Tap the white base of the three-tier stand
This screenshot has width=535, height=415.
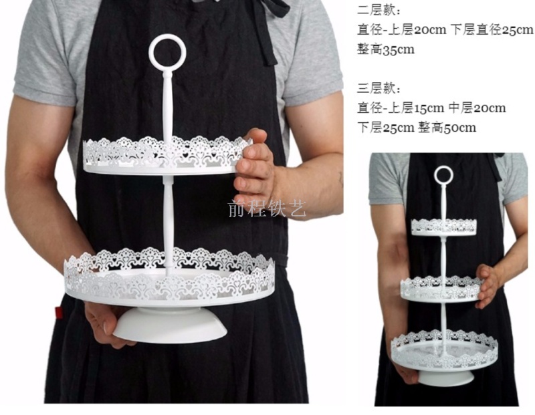(446, 378)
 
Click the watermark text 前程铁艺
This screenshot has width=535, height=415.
(267, 209)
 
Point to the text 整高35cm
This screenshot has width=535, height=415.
(386, 49)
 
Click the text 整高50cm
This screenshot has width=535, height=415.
(447, 128)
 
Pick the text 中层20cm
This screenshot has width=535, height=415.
(477, 108)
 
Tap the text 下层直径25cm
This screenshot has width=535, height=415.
(492, 30)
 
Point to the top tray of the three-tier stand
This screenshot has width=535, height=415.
(443, 227)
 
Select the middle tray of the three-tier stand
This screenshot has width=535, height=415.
(441, 289)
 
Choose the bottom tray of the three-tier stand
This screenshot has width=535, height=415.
(444, 352)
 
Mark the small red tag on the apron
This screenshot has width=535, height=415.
(59, 312)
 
